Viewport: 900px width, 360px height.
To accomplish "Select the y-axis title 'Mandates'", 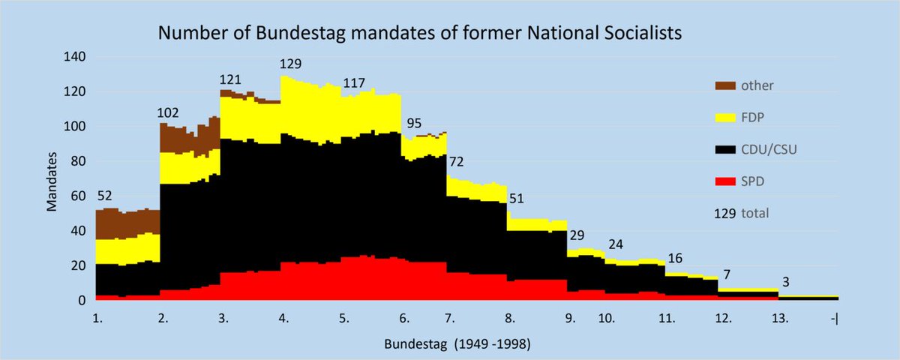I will tap(52, 178).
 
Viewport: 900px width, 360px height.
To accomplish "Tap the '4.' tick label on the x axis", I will tap(284, 318).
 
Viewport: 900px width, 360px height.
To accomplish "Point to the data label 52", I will tap(104, 196).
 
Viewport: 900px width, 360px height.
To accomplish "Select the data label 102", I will tap(169, 115).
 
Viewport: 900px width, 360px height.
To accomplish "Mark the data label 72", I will tap(457, 163).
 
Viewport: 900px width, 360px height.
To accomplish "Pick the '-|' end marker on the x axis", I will tap(834, 318).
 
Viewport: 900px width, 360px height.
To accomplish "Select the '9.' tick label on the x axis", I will tap(570, 318).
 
